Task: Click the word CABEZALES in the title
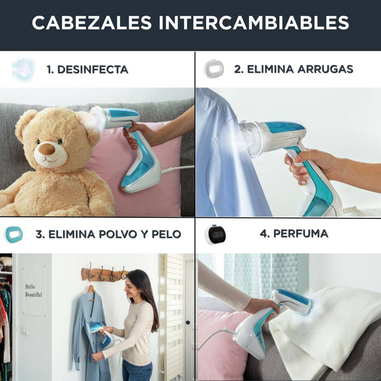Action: click(92, 23)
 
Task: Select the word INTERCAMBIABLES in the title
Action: click(254, 23)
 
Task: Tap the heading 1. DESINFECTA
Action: click(87, 69)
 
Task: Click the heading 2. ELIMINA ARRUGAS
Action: click(294, 69)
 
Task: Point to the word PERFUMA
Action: click(301, 234)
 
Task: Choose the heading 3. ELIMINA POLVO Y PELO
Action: click(108, 234)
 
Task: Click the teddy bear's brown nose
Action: click(47, 149)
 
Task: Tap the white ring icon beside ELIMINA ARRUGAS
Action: click(214, 69)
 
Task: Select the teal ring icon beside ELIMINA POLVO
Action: click(14, 235)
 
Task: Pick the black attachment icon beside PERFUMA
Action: click(215, 235)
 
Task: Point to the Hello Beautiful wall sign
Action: click(33, 291)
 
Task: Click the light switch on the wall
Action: click(24, 330)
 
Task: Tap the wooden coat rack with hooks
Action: click(104, 274)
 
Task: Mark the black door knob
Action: click(188, 323)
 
